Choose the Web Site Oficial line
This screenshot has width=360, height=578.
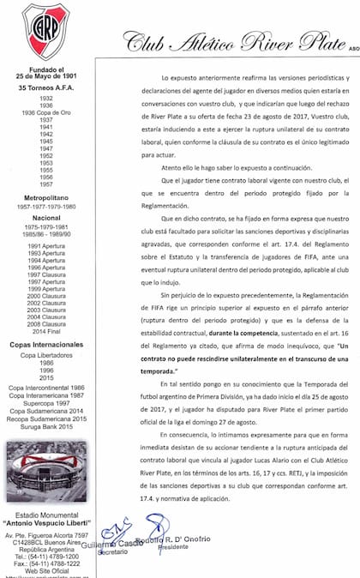[45, 569]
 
